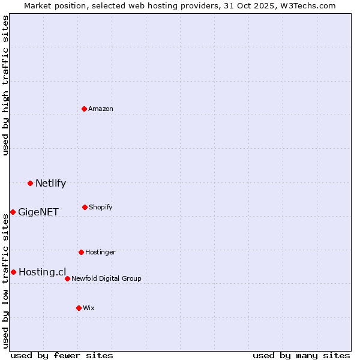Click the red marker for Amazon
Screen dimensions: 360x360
(x=85, y=109)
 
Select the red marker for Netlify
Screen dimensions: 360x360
(x=30, y=183)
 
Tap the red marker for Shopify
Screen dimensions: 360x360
(x=85, y=207)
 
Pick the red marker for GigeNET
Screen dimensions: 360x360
(x=13, y=212)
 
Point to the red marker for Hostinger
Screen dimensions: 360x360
(x=81, y=252)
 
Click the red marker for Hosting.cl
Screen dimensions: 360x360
(x=13, y=272)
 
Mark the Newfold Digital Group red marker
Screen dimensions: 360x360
(x=67, y=278)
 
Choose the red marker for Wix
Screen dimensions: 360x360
(x=79, y=308)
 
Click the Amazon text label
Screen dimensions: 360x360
(x=101, y=109)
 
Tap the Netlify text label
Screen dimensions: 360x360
(x=50, y=184)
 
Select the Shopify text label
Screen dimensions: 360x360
(x=101, y=207)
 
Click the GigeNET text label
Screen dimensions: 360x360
(x=38, y=212)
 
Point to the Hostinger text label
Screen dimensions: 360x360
(x=100, y=252)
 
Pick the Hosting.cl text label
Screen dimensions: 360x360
(x=42, y=272)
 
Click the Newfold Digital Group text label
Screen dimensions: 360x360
(x=106, y=278)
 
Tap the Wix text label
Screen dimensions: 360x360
(x=89, y=308)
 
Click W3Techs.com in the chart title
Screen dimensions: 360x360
(x=307, y=5)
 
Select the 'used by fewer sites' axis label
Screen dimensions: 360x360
(x=62, y=355)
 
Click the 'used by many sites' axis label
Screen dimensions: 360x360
(x=301, y=355)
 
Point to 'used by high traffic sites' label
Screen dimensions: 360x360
(x=5, y=85)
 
